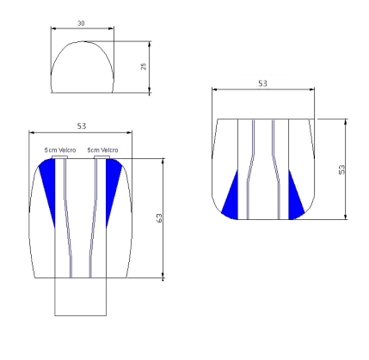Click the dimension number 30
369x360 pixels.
tap(81, 23)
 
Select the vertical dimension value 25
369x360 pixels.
tap(144, 66)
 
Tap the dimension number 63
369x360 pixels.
tap(159, 218)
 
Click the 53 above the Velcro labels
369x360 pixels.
tap(82, 126)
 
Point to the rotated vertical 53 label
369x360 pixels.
tap(341, 169)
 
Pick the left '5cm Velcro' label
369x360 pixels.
tap(60, 149)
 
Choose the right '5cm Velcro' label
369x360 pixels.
tap(102, 149)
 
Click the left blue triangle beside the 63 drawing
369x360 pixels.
tap(49, 182)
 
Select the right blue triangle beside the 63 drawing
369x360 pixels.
tap(112, 182)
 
